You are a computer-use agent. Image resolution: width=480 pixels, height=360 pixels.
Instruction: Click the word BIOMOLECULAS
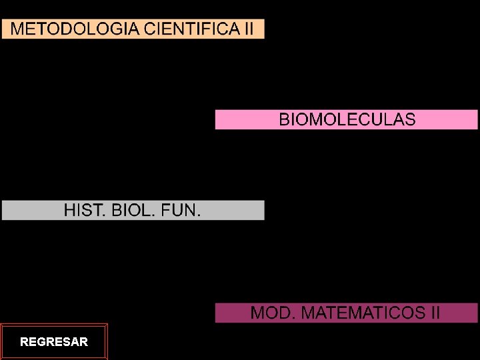347,120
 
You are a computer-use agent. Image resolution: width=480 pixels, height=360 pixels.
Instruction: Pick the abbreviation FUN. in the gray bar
180,211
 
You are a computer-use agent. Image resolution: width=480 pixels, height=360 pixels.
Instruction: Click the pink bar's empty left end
243,120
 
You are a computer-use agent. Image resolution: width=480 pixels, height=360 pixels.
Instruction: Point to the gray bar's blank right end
233,211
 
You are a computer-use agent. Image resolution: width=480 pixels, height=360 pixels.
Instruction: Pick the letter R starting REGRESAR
24,342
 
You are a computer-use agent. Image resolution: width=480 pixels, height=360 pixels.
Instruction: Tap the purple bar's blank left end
231,313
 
